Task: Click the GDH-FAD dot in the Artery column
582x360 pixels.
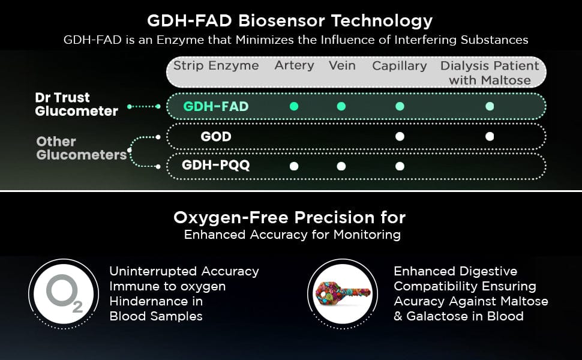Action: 294,107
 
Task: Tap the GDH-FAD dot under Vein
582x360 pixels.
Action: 341,107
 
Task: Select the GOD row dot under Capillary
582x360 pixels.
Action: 400,137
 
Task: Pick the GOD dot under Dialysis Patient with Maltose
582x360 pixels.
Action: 490,137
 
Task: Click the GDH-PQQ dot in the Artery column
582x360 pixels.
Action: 294,166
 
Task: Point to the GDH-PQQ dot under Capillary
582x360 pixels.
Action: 400,166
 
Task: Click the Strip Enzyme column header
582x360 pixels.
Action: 216,65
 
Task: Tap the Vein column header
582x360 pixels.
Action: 342,65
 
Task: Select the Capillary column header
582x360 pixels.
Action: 400,66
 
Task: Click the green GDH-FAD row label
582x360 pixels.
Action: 215,107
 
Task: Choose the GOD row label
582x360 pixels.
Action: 216,137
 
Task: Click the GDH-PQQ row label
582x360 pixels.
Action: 215,165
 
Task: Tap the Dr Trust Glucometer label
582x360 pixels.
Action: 76,104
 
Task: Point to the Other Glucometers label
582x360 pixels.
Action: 82,148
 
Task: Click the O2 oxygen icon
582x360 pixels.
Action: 64,294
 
